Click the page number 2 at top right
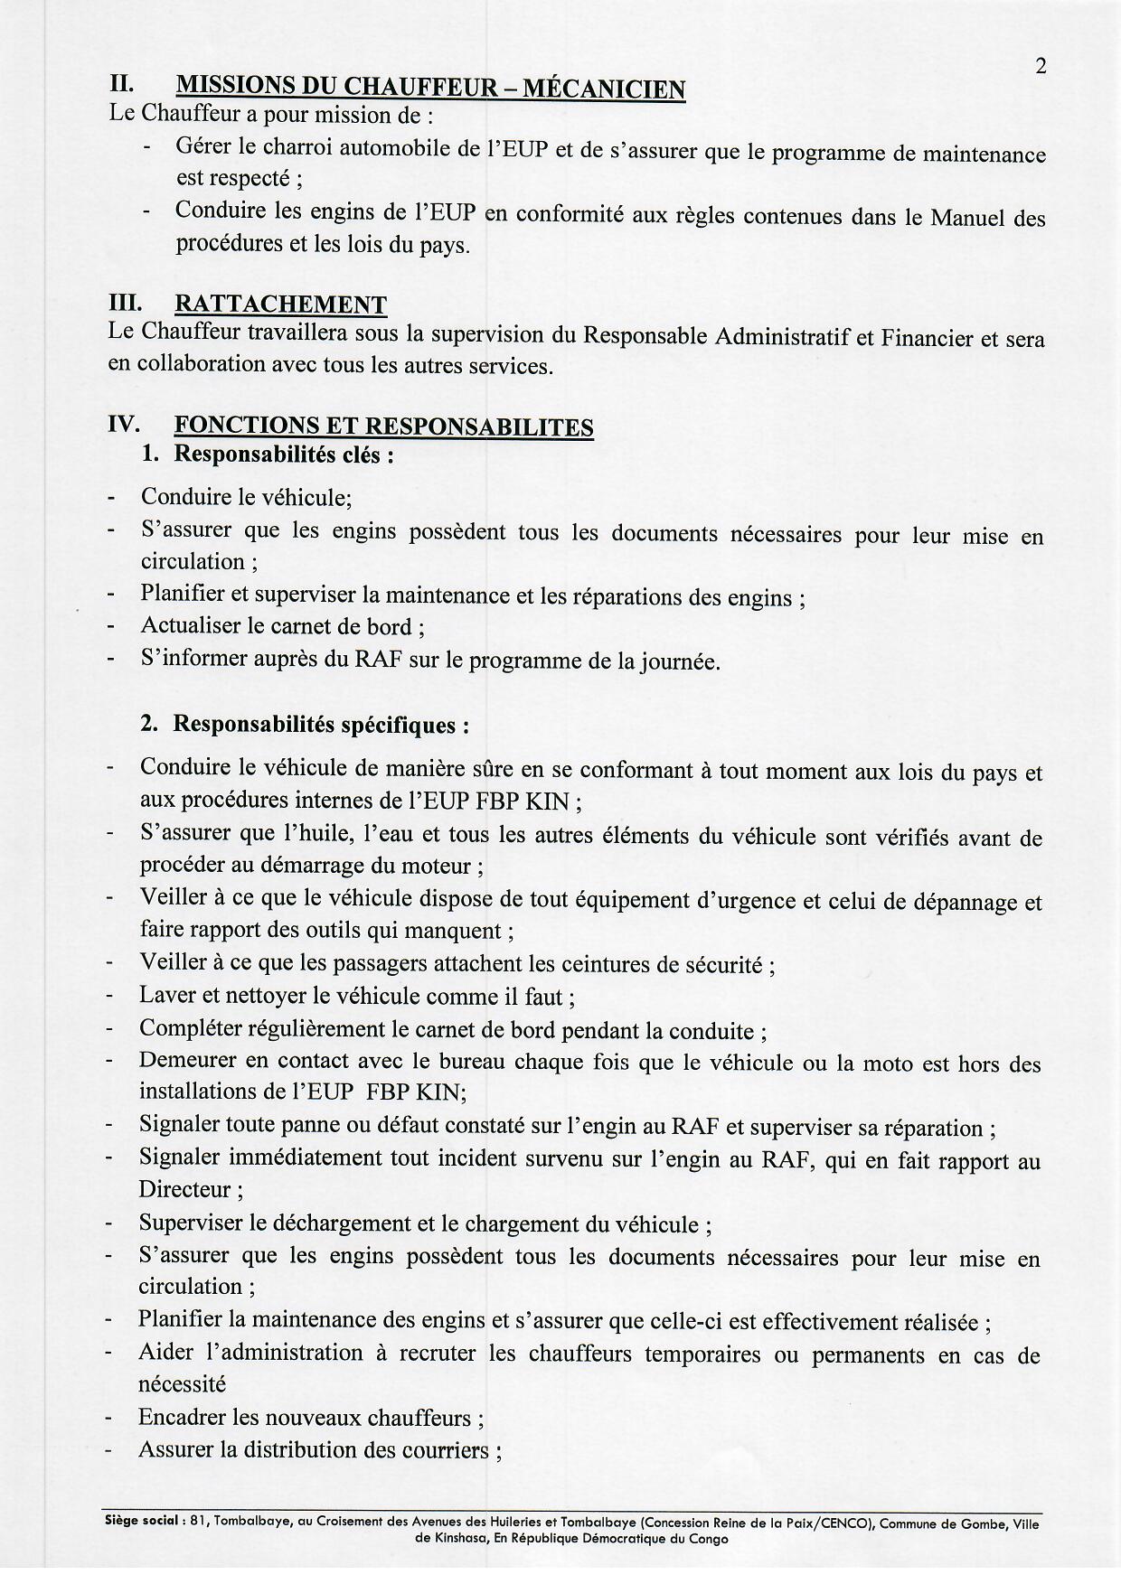pyautogui.click(x=1041, y=67)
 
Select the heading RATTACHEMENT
pyautogui.click(x=280, y=305)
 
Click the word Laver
pyautogui.click(x=164, y=997)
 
